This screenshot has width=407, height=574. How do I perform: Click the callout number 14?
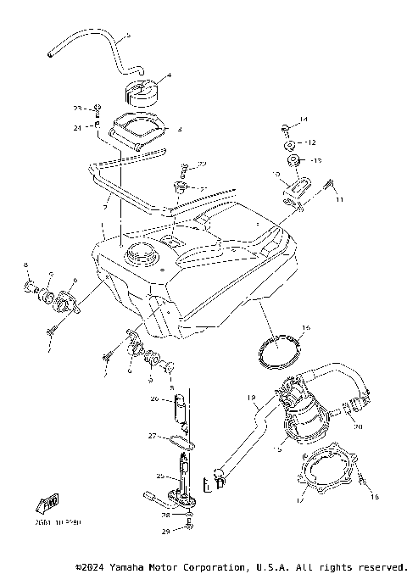[304, 119]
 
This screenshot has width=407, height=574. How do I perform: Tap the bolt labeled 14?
[285, 130]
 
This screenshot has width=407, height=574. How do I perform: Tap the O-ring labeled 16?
[281, 351]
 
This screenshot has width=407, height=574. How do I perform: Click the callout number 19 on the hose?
[252, 398]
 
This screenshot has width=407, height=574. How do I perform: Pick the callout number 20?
[359, 427]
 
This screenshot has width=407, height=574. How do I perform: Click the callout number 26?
[154, 398]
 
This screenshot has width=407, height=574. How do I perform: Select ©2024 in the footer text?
[91, 566]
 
